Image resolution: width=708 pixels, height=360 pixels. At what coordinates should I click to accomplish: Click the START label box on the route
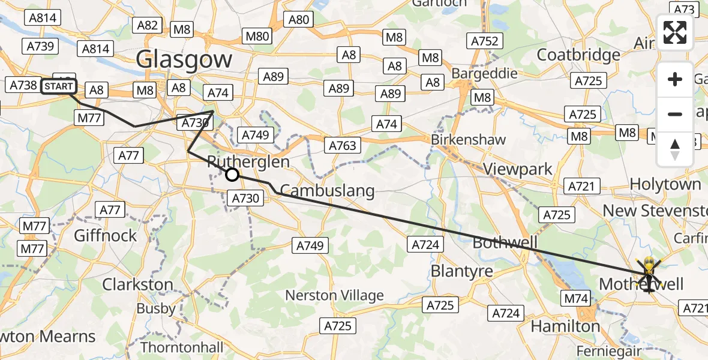[59, 86]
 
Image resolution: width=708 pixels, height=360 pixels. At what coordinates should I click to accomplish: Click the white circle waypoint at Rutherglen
[232, 175]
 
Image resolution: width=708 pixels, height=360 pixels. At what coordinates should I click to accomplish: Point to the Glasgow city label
[184, 59]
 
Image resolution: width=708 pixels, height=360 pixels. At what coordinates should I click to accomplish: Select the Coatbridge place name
[578, 55]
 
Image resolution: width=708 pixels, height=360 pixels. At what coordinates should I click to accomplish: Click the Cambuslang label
[327, 191]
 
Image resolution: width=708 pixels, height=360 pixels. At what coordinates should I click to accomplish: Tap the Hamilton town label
[565, 326]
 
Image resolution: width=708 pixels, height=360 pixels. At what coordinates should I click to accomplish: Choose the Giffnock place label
[106, 235]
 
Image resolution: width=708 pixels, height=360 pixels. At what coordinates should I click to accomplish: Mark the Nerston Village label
[334, 295]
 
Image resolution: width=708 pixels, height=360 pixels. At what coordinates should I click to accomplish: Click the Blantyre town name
[461, 271]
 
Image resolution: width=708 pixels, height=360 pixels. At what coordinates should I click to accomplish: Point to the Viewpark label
[518, 169]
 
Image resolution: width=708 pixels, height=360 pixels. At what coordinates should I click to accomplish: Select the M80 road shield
[257, 36]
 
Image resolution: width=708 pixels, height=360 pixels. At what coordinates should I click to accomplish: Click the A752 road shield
[485, 41]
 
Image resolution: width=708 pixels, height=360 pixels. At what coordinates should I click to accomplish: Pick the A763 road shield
[343, 145]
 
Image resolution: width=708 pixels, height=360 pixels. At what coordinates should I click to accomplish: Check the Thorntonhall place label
[182, 347]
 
